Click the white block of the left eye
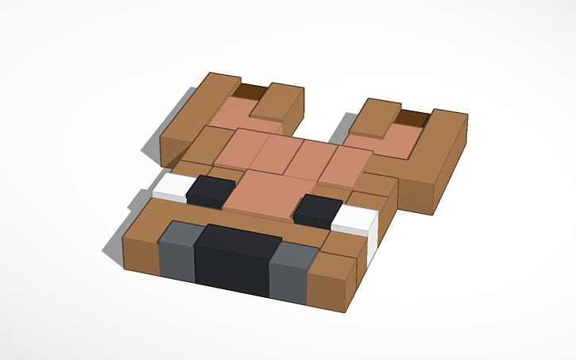pos(169,188)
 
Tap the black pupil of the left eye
pos(210,191)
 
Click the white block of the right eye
pos(355,220)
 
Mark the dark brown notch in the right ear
pos(412,118)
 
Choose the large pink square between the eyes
pos(264,192)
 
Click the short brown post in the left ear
pos(280,103)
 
